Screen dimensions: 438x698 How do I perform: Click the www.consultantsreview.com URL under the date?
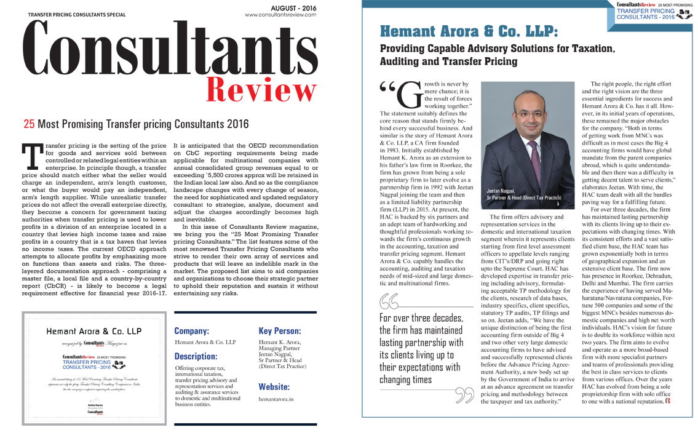280,15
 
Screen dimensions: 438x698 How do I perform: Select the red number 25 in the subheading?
28,124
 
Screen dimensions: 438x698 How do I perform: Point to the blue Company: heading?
192,331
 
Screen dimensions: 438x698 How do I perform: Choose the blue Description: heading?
196,356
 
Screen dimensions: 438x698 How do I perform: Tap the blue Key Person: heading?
280,331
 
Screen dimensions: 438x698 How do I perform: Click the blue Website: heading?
274,387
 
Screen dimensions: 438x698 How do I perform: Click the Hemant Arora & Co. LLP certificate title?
94,331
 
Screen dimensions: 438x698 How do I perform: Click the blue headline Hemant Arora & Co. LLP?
469,31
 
